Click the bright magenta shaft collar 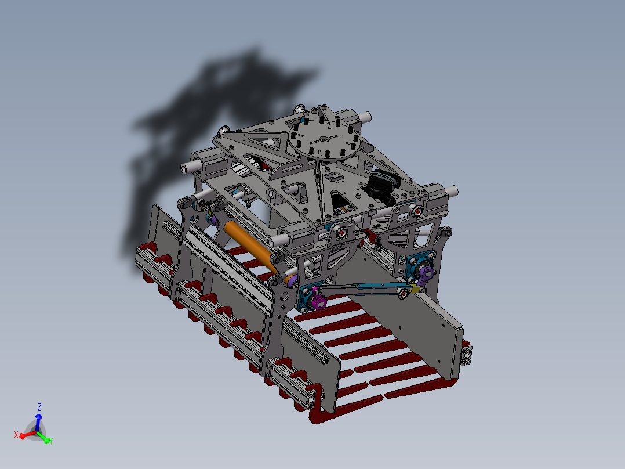[x=317, y=300]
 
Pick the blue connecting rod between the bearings [x=359, y=288]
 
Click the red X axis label [x=17, y=435]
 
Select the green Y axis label [x=51, y=441]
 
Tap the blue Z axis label [x=39, y=406]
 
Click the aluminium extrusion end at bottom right [x=467, y=354]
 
